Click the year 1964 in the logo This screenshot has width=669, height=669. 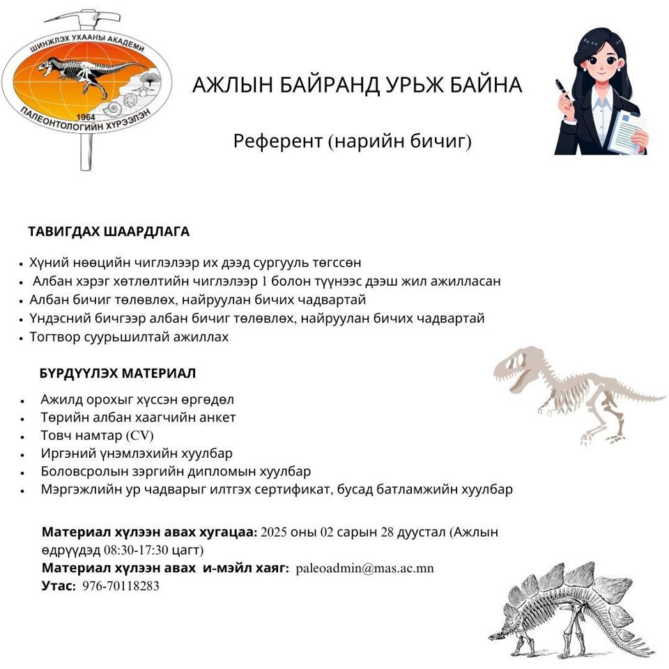point(85,116)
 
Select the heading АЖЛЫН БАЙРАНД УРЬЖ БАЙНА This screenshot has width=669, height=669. point(357,86)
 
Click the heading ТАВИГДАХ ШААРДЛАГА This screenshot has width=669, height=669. point(109,231)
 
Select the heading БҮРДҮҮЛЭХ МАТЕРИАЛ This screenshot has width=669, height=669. point(118,373)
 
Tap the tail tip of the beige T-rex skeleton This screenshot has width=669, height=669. point(659,398)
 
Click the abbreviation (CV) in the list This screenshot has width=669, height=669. point(140,436)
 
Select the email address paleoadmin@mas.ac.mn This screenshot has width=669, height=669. point(364,568)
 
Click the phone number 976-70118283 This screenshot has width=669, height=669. point(121,586)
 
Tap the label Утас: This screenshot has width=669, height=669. point(59,586)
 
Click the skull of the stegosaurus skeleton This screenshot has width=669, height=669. point(496,636)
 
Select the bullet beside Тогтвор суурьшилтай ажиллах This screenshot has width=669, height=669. point(22,338)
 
